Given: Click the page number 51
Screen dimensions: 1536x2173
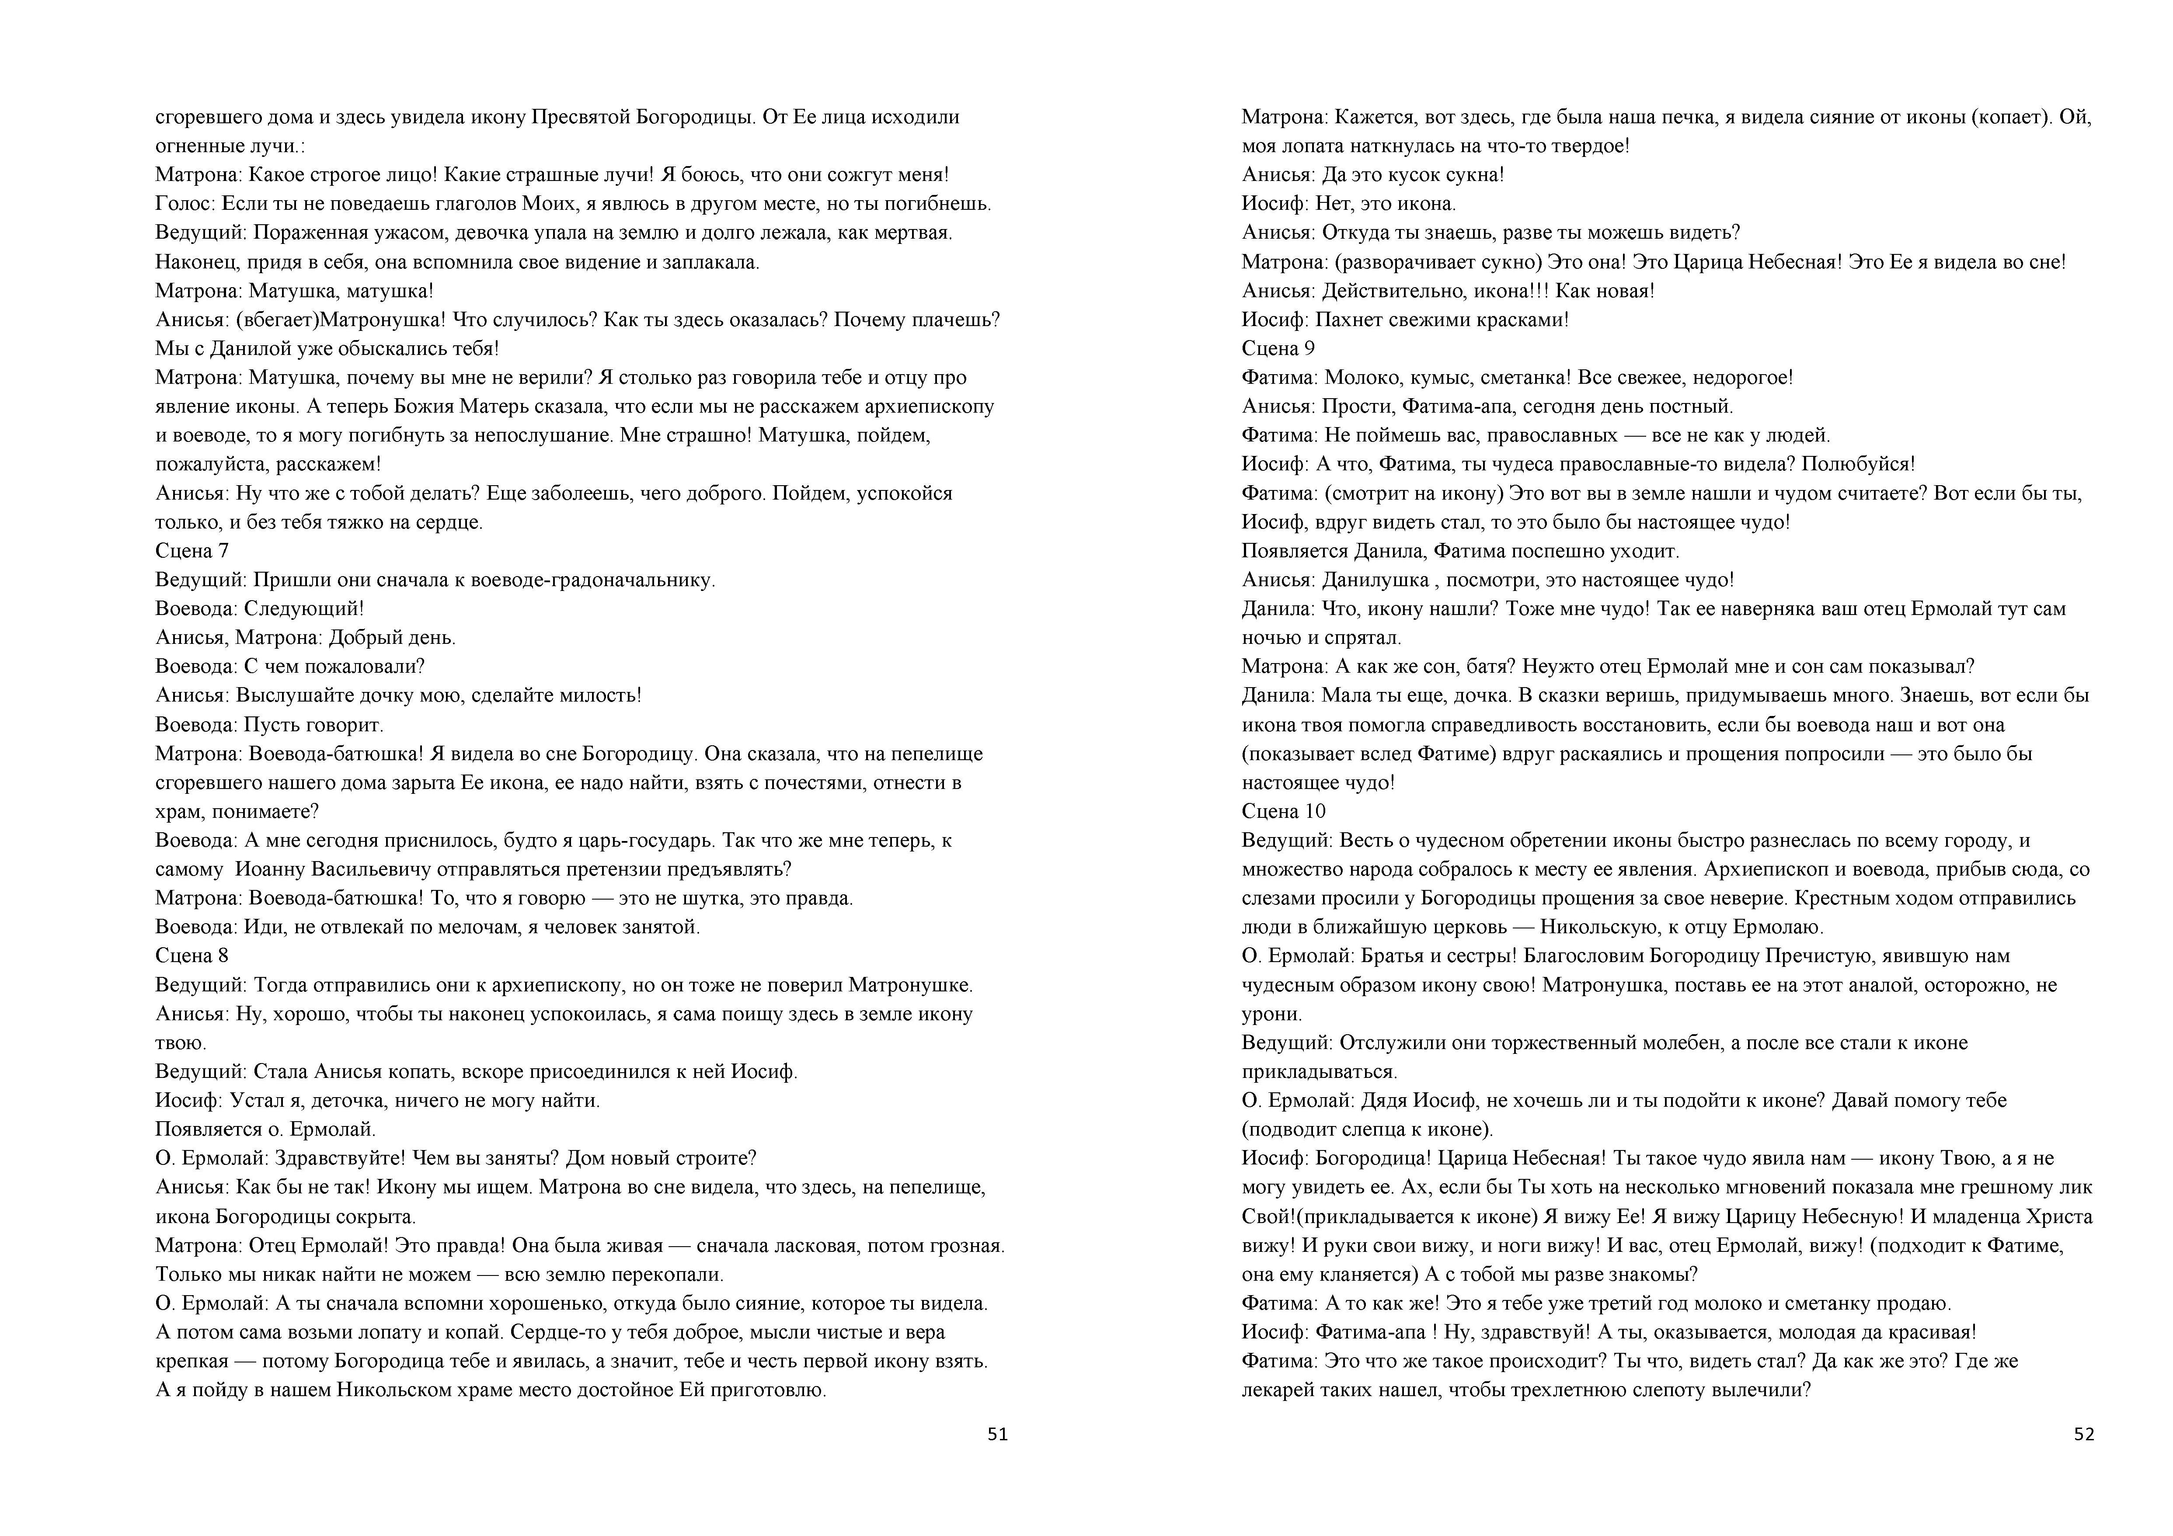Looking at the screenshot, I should click(x=998, y=1434).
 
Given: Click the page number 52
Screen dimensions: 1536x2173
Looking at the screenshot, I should click(x=2084, y=1434).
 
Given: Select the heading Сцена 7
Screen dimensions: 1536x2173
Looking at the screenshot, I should click(x=192, y=551).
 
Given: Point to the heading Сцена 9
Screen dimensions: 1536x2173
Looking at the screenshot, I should click(x=1278, y=348).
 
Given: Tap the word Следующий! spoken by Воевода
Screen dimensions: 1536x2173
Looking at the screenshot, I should click(x=304, y=608).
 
